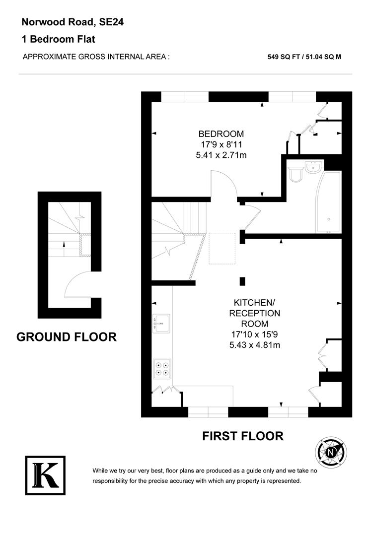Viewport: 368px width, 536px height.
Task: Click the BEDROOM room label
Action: (x=221, y=134)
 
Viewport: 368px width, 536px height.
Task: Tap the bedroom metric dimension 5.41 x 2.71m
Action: (x=221, y=155)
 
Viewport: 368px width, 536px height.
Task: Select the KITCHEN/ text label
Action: (x=254, y=302)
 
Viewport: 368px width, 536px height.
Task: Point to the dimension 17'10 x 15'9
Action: (x=254, y=335)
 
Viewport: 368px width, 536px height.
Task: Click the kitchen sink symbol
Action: (x=162, y=323)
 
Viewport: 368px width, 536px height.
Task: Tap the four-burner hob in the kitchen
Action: (x=162, y=367)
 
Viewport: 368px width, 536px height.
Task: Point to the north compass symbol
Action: (x=331, y=452)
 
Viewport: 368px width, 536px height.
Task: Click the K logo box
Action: (x=45, y=475)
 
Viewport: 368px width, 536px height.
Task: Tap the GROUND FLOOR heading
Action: (x=67, y=337)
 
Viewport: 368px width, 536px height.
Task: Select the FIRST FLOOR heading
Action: (x=243, y=436)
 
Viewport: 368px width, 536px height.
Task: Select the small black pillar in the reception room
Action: (x=242, y=281)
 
